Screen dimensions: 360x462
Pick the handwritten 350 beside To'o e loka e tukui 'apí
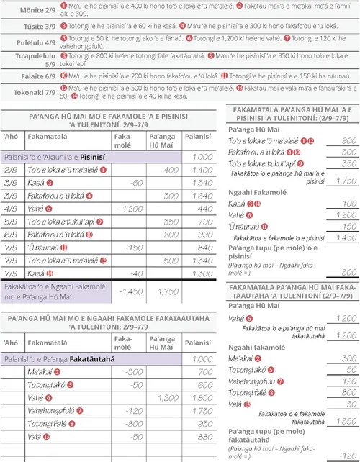(345, 163)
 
